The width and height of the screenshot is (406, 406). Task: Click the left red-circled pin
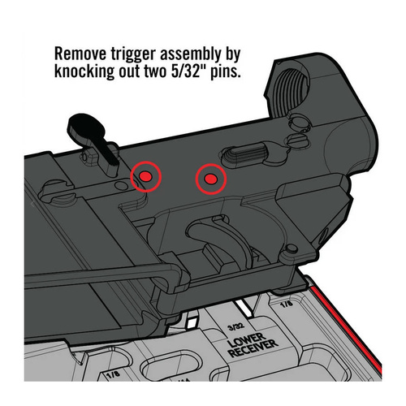click(x=146, y=175)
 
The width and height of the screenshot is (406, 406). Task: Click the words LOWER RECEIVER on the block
click(x=254, y=346)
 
